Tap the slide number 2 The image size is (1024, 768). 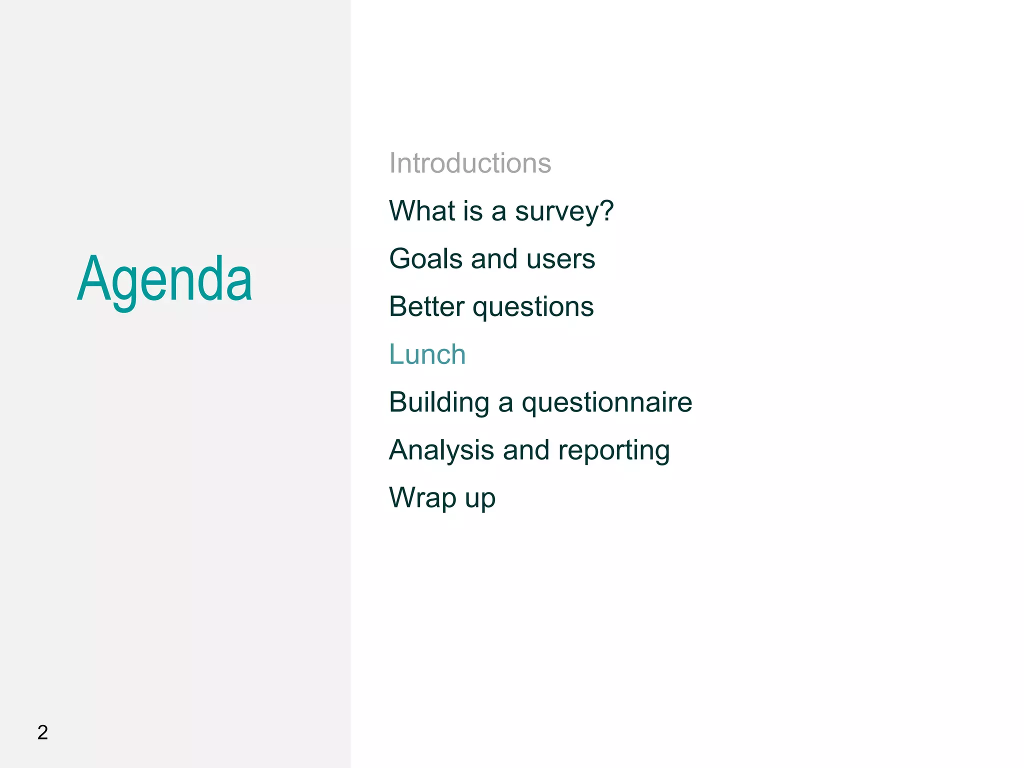pos(42,732)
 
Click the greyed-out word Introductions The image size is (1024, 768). pos(470,163)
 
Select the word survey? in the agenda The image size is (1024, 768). pos(564,212)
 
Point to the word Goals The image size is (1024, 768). pos(425,259)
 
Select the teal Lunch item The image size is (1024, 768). pos(427,354)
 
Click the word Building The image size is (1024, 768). pos(439,403)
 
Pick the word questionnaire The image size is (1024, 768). pos(606,403)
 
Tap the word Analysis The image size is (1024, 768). pos(441,451)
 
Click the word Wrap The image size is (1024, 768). pos(422,498)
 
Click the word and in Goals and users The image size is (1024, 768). pos(493,259)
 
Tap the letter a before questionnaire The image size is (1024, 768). pos(505,404)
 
